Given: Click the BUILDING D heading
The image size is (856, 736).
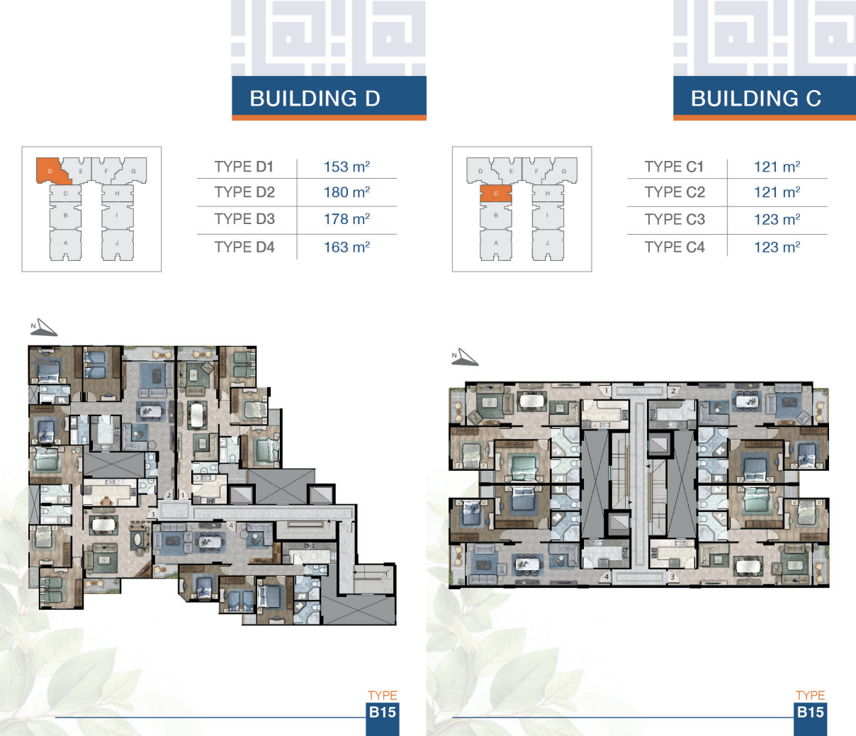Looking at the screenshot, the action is pyautogui.click(x=315, y=99).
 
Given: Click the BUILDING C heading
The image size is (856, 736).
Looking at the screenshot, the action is pyautogui.click(x=756, y=99).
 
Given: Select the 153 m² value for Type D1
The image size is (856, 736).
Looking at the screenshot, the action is pyautogui.click(x=347, y=167).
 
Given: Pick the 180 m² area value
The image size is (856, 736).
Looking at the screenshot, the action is pyautogui.click(x=347, y=192).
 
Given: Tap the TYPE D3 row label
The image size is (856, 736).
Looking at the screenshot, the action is pyautogui.click(x=244, y=219).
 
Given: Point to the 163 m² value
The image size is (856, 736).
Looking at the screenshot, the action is pyautogui.click(x=347, y=247).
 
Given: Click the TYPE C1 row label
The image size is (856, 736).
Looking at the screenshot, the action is pyautogui.click(x=674, y=167).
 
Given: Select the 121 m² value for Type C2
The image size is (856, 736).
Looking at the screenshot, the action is pyautogui.click(x=777, y=192).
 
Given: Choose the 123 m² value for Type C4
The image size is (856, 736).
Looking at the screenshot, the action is pyautogui.click(x=777, y=247).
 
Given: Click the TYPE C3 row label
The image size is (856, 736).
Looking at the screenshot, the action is pyautogui.click(x=675, y=219).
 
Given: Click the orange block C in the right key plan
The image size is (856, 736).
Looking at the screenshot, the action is pyautogui.click(x=496, y=194).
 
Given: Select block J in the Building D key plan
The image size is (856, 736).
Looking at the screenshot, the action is pyautogui.click(x=117, y=245).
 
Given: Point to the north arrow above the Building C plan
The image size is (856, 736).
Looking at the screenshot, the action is pyautogui.click(x=465, y=357).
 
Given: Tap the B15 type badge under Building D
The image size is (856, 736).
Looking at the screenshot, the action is pyautogui.click(x=382, y=713).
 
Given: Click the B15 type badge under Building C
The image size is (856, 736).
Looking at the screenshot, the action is pyautogui.click(x=811, y=713).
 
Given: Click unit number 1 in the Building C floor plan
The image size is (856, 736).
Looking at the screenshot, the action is pyautogui.click(x=607, y=391).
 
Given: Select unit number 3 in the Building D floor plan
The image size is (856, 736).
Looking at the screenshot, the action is pyautogui.click(x=153, y=514).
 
